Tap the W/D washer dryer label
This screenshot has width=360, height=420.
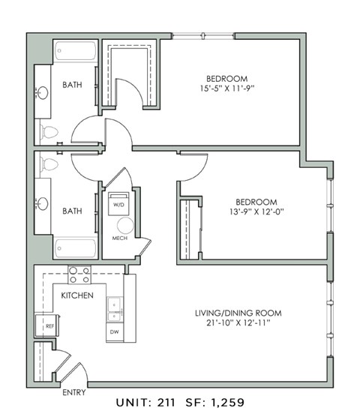pyautogui.click(x=118, y=203)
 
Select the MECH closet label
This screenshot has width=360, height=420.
pyautogui.click(x=119, y=238)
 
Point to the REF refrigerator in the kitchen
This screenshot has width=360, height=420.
pyautogui.click(x=50, y=326)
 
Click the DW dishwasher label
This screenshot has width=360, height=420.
pyautogui.click(x=114, y=331)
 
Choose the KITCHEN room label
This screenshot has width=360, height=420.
pyautogui.click(x=76, y=295)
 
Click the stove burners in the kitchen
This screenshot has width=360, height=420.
pyautogui.click(x=79, y=273)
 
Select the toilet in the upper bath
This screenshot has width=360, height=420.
pyautogui.click(x=50, y=133)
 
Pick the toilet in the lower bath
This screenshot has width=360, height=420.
pyautogui.click(x=50, y=164)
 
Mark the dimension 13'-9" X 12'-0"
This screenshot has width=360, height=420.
pyautogui.click(x=256, y=211)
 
